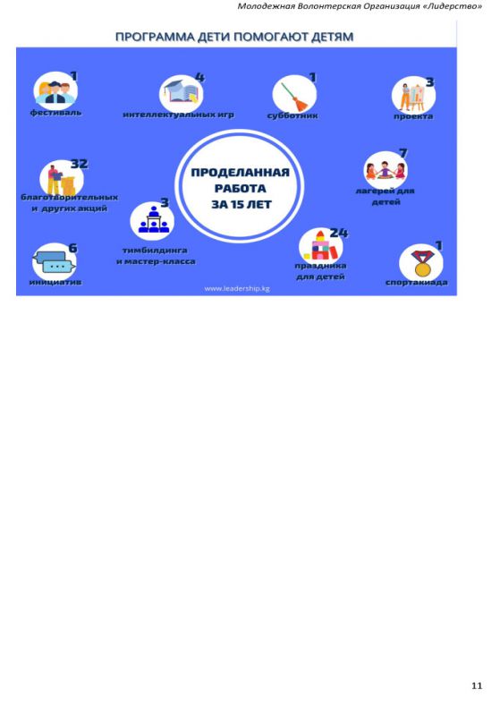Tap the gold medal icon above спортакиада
[x=421, y=263]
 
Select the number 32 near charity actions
[x=80, y=164]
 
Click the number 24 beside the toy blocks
[x=338, y=233]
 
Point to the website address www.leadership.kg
[x=237, y=288]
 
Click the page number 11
[x=477, y=685]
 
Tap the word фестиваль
[x=55, y=113]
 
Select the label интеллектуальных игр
[x=178, y=115]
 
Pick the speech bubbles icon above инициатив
[x=54, y=262]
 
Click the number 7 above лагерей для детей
[x=403, y=153]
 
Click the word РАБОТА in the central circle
[x=241, y=189]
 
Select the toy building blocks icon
[x=320, y=246]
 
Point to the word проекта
[x=413, y=116]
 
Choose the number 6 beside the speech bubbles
[x=72, y=248]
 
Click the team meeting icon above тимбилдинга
[x=154, y=220]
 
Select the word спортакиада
[x=416, y=283]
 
